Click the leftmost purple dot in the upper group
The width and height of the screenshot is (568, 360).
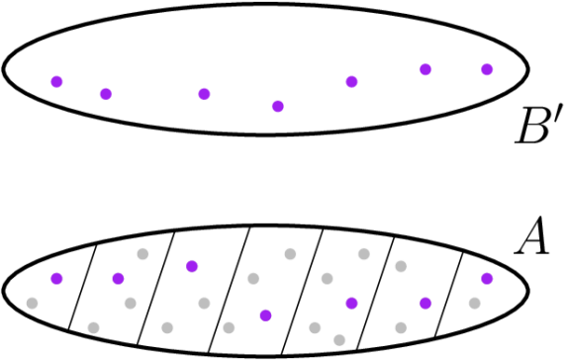click(x=56, y=82)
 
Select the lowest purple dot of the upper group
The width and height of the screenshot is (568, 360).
click(x=278, y=107)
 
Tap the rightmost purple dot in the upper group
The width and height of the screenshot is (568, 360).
click(x=487, y=69)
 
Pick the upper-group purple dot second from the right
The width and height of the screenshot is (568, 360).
click(x=426, y=69)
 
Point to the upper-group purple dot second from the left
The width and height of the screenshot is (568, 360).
click(x=106, y=94)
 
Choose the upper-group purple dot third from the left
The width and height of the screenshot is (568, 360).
click(x=204, y=94)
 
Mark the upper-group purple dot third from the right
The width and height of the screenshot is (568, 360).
click(x=351, y=82)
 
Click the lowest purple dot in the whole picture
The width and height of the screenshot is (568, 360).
click(x=265, y=315)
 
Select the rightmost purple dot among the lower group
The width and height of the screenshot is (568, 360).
click(x=487, y=278)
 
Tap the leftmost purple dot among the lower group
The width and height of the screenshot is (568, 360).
click(x=56, y=278)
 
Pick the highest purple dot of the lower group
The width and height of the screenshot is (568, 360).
click(x=192, y=266)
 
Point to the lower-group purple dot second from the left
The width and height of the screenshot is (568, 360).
click(x=118, y=278)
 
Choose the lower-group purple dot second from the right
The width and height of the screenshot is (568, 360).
click(x=426, y=303)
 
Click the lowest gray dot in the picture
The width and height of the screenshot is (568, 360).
click(x=339, y=340)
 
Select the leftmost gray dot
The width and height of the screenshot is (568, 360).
click(x=32, y=303)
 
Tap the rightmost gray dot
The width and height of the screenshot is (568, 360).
click(x=474, y=303)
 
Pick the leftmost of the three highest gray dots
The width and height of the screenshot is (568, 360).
click(x=142, y=254)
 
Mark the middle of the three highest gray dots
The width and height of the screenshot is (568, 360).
click(x=290, y=254)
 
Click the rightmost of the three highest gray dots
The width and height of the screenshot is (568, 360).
click(x=364, y=254)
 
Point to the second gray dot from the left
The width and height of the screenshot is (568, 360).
click(x=93, y=327)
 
